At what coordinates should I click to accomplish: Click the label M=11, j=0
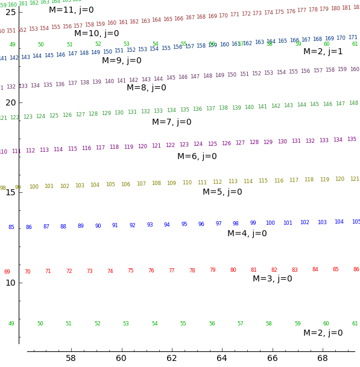tap(71, 10)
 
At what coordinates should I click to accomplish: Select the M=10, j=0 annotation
tap(96, 34)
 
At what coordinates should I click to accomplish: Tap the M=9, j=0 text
tap(121, 61)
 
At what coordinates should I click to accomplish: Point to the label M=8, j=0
tap(146, 88)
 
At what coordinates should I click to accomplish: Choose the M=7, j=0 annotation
tap(171, 122)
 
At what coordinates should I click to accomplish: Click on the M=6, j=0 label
tap(197, 157)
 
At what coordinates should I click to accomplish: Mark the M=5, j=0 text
tap(222, 192)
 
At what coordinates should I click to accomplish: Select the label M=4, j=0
tap(247, 234)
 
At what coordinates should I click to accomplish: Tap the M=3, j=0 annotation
tap(272, 279)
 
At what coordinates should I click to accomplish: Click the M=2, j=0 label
tap(323, 333)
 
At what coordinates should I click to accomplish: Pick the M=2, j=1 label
tap(323, 52)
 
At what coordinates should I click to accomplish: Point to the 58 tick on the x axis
tap(71, 359)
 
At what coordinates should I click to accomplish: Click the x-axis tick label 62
tap(172, 359)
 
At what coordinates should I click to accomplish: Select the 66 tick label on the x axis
tap(273, 359)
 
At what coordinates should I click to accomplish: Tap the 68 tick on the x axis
tap(323, 359)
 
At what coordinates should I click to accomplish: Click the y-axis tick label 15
tap(10, 192)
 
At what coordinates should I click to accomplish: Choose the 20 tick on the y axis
tap(10, 102)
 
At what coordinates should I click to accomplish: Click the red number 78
tap(192, 271)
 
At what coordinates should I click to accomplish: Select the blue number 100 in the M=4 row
tap(270, 223)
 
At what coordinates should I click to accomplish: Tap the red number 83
tap(295, 270)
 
